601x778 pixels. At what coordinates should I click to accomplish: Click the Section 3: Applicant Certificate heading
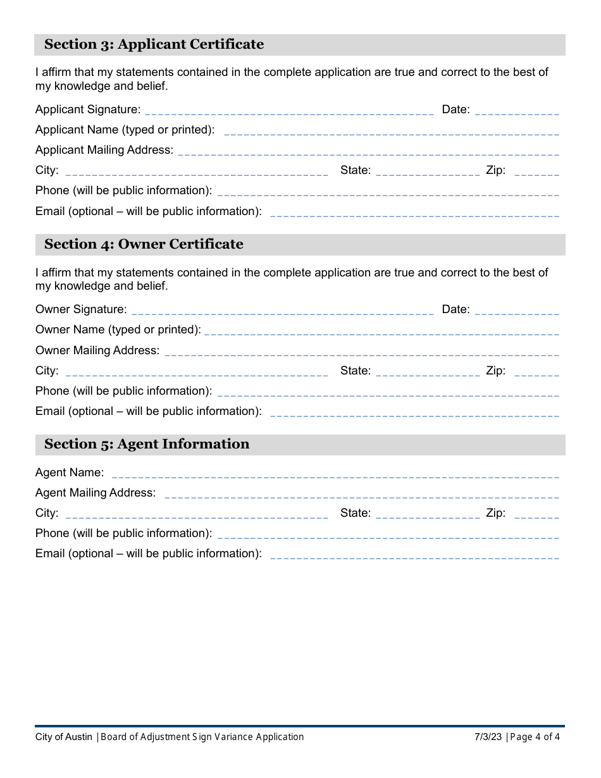coord(154,44)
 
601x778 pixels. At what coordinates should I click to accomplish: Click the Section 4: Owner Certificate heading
coord(144,244)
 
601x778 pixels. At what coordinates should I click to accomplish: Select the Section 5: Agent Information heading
coord(147,444)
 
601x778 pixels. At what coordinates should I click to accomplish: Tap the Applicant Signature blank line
coord(289,111)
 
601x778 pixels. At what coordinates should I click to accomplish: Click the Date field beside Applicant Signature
coord(516,111)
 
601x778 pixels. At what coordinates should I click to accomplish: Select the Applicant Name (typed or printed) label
coord(125,130)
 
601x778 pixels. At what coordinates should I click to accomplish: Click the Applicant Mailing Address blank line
coord(369,151)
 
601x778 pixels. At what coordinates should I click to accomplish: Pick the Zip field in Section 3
coord(536,171)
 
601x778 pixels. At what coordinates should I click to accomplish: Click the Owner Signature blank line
coord(282,311)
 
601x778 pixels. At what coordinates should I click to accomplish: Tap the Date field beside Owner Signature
coord(516,311)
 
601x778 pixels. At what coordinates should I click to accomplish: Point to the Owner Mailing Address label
coord(97,350)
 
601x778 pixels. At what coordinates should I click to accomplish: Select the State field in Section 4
coord(428,372)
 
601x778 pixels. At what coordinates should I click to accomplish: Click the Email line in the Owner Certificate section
coord(414,412)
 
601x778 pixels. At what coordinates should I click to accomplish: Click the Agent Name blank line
coord(335,474)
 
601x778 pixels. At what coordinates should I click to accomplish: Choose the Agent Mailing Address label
coord(96,493)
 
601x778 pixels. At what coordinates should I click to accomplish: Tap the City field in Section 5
coord(196,514)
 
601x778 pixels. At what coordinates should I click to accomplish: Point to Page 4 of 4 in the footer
coord(535,737)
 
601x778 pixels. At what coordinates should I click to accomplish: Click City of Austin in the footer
coord(64,737)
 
